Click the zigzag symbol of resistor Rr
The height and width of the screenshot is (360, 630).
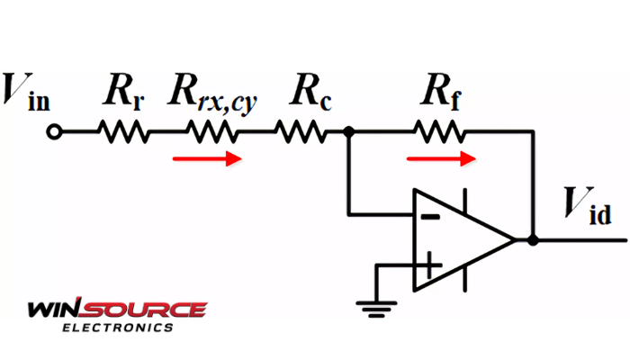124,132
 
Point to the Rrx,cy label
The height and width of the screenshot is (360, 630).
211,93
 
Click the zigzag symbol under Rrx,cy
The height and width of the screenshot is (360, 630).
213,132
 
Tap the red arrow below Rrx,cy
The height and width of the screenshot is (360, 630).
208,159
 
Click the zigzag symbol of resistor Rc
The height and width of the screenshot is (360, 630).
299,132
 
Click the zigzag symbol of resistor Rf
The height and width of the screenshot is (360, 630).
440,132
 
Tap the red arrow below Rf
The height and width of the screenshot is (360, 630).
440,159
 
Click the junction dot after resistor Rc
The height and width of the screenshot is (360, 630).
350,132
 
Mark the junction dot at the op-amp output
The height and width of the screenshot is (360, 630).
533,240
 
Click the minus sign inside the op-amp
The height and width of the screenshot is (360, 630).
432,216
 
